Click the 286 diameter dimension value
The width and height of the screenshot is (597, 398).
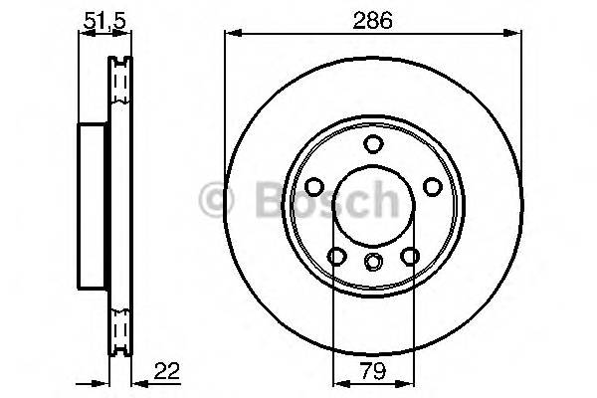[x=373, y=18]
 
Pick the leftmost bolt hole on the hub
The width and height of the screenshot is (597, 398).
[x=314, y=186]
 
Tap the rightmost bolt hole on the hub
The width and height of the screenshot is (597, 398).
[x=432, y=186]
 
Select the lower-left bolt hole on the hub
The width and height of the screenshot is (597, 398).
[x=337, y=256]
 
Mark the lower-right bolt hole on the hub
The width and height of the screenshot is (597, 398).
[x=409, y=256]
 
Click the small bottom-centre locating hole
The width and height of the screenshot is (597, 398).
[x=373, y=263]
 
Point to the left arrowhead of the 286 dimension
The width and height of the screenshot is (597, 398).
[x=231, y=34]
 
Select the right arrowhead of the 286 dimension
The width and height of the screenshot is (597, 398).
[x=515, y=34]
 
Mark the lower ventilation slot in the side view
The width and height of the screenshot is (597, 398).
[x=120, y=326]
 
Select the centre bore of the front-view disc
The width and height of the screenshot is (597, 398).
[x=373, y=204]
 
